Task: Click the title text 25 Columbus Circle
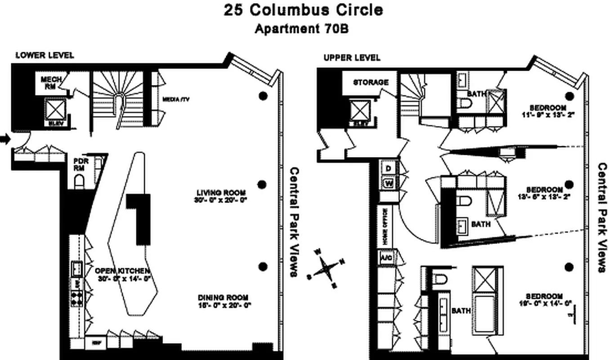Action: coord(304,10)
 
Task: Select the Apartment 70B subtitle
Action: coord(302,29)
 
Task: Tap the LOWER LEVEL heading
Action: coord(45,55)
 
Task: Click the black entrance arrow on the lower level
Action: coord(5,139)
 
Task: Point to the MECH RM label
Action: coord(51,83)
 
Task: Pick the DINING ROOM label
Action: coord(223,297)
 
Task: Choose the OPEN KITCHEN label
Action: coord(122,271)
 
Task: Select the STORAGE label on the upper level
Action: coord(371,82)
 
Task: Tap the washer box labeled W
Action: coord(388,183)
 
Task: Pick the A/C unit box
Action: coord(386,258)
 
